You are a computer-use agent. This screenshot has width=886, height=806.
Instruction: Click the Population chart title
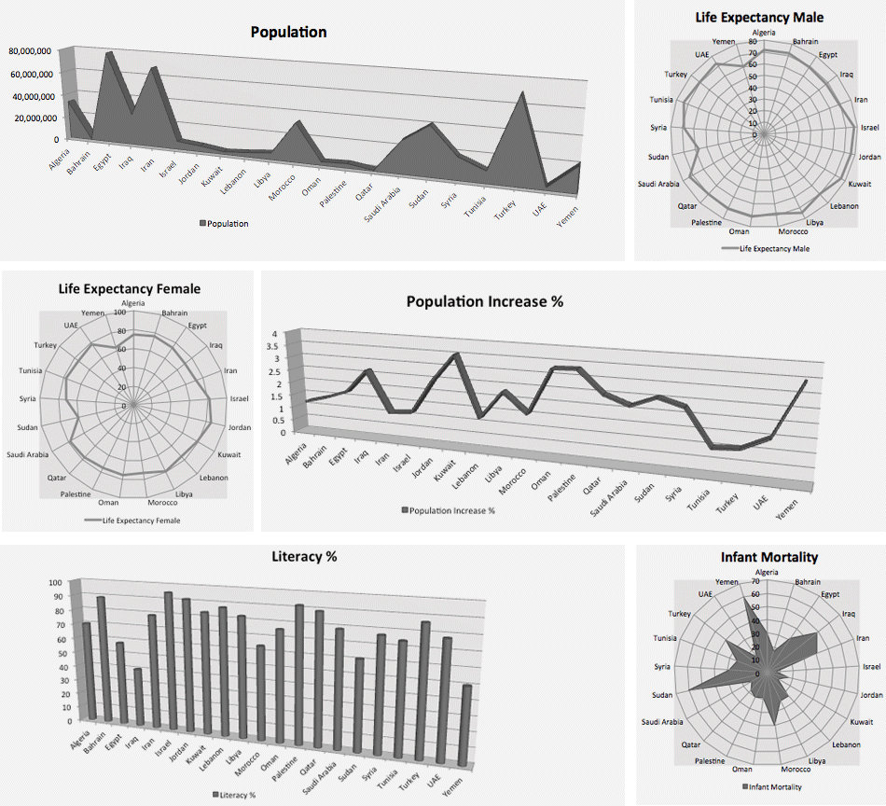click(288, 32)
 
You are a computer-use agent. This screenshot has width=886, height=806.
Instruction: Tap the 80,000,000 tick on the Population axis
click(34, 51)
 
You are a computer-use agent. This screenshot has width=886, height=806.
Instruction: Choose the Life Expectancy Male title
click(759, 17)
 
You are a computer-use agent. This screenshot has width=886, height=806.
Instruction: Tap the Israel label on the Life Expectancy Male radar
click(868, 127)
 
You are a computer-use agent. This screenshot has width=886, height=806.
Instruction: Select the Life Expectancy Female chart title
click(129, 289)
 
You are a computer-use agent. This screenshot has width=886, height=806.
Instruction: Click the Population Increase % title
click(484, 301)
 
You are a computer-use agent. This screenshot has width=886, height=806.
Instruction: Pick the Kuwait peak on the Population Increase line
click(456, 355)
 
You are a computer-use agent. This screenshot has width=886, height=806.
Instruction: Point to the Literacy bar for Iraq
click(138, 696)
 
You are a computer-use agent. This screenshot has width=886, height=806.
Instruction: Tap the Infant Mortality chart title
click(768, 557)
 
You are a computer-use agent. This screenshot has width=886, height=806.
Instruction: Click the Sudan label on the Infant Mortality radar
click(662, 694)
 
